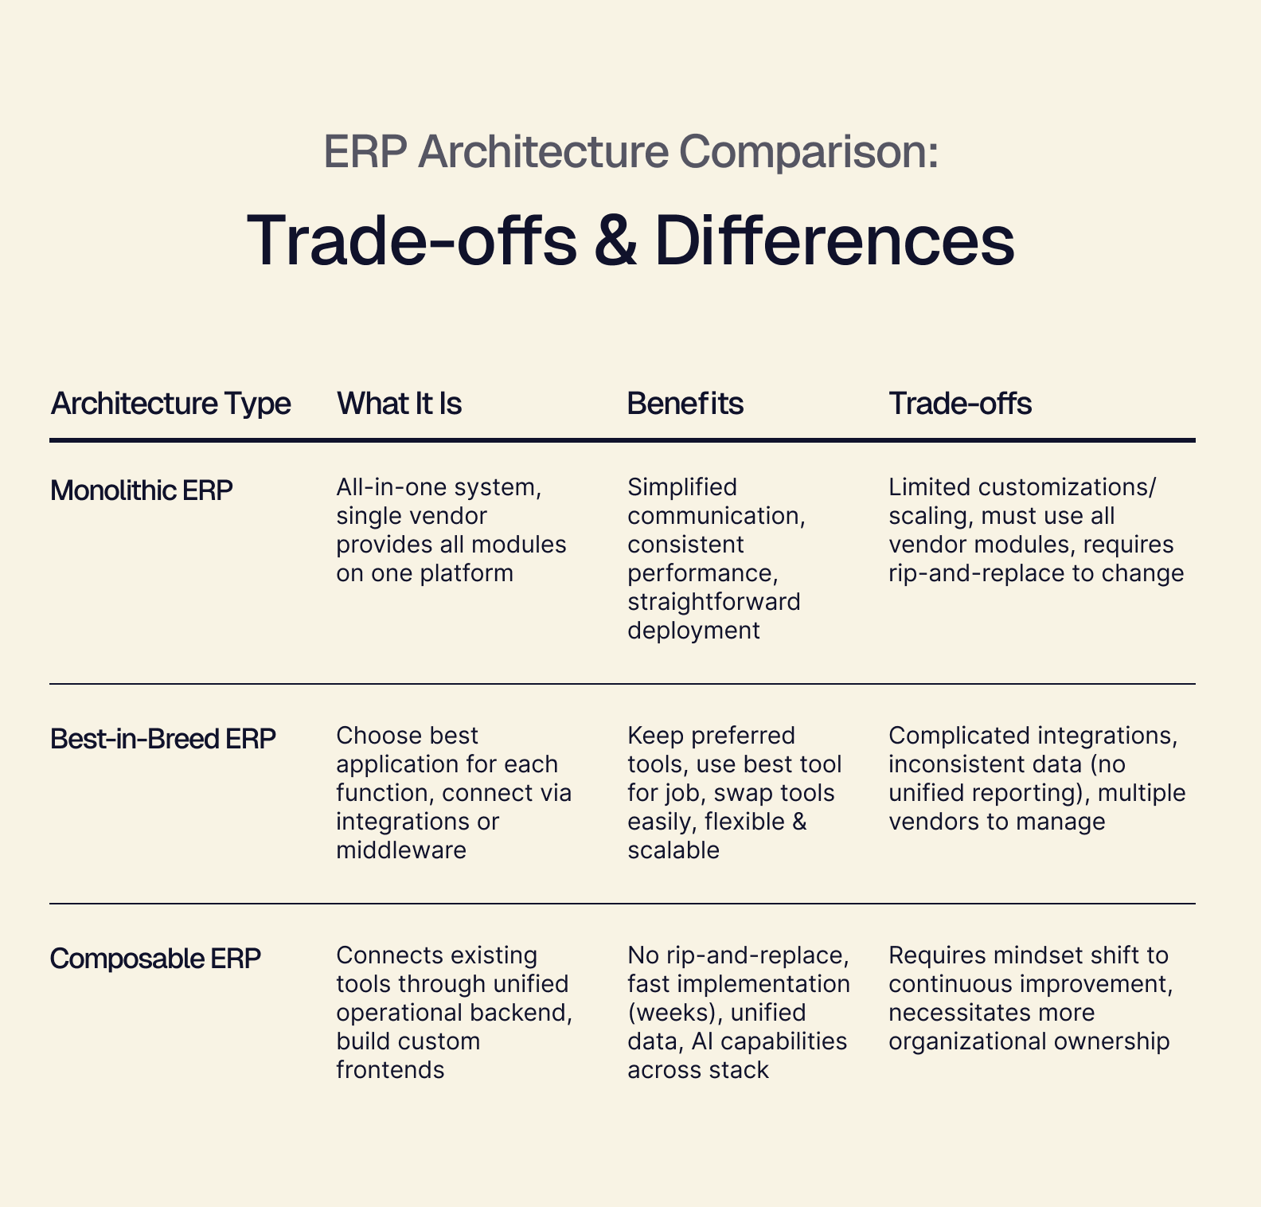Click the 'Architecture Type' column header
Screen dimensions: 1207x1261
[170, 404]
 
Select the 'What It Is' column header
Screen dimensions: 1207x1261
[399, 404]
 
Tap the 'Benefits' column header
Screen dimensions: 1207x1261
[685, 404]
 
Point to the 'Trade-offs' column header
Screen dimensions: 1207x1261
[959, 404]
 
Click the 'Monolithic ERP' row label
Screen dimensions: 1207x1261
[141, 490]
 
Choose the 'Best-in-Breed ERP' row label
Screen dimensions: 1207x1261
[162, 739]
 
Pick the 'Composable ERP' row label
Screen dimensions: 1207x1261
[155, 959]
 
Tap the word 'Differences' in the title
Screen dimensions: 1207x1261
[834, 240]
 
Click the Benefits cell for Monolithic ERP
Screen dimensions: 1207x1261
[716, 558]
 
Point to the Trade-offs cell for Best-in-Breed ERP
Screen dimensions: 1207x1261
[1036, 778]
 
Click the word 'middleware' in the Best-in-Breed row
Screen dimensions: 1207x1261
[401, 850]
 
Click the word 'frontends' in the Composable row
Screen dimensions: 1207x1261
[390, 1070]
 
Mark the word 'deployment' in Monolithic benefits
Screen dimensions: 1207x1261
[693, 631]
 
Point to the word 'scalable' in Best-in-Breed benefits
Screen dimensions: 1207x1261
[673, 850]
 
